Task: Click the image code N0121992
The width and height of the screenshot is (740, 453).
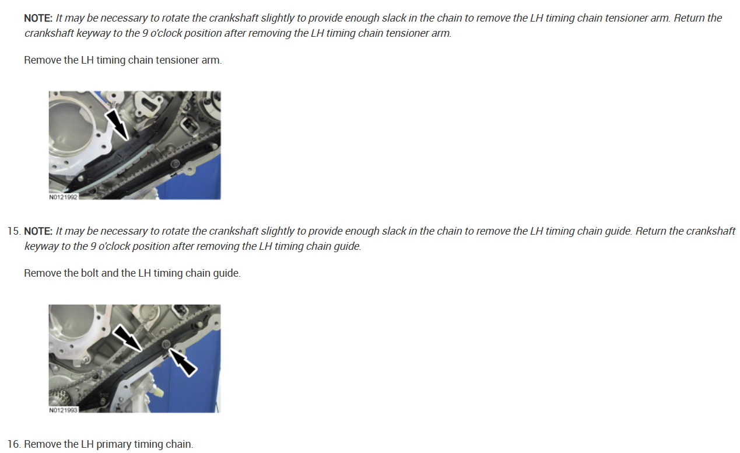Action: tap(63, 197)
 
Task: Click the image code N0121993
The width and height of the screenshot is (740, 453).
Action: tap(63, 410)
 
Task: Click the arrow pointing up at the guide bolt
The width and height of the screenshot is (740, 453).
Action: tap(183, 363)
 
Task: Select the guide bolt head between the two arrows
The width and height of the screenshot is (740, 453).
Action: tap(166, 344)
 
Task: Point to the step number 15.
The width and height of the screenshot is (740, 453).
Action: tap(14, 231)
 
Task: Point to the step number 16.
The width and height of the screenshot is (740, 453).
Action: tap(14, 444)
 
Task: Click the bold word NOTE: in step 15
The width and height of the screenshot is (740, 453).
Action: tap(38, 231)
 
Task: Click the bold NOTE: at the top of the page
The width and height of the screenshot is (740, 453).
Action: tap(38, 18)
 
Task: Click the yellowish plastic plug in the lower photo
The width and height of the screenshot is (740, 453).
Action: tap(159, 392)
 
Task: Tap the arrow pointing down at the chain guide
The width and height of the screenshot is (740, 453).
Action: tap(128, 337)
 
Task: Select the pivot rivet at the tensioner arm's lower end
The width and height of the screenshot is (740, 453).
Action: tap(80, 179)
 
